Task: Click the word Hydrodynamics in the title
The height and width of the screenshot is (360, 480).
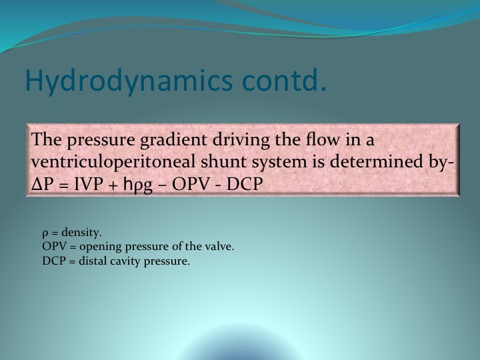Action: pos(129,81)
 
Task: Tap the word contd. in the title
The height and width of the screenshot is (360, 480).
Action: pos(284,80)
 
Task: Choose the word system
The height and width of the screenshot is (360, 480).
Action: pos(279,163)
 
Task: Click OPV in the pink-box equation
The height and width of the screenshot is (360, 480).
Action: pos(191,184)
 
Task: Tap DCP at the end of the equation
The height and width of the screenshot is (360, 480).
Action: pos(244,184)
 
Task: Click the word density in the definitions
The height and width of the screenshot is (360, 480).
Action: pos(81,233)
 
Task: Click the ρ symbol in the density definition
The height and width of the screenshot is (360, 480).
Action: pos(45,235)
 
